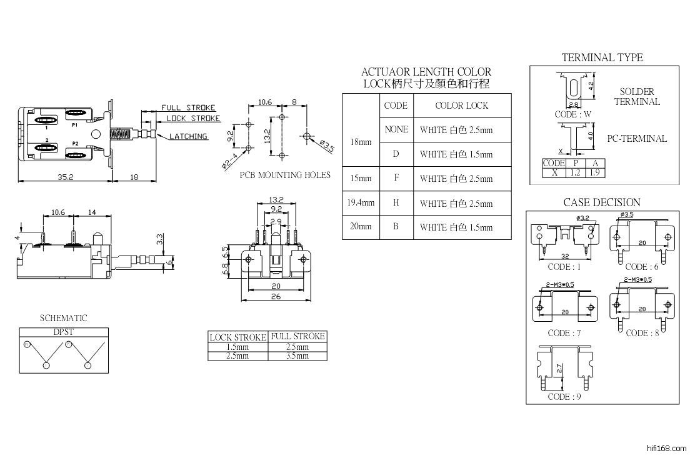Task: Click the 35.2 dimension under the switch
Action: point(66,178)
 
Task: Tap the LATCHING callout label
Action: point(188,136)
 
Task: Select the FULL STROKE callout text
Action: point(188,107)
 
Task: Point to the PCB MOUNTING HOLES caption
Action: point(285,175)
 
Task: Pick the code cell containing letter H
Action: point(396,203)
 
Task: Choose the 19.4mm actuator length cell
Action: point(361,203)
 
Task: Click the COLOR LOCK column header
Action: point(461,106)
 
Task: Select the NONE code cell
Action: point(396,129)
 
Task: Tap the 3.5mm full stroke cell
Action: point(297,356)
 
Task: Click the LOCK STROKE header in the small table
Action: point(237,337)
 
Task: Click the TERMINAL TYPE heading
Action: point(601,57)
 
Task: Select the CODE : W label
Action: point(572,114)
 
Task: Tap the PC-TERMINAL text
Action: point(637,139)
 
